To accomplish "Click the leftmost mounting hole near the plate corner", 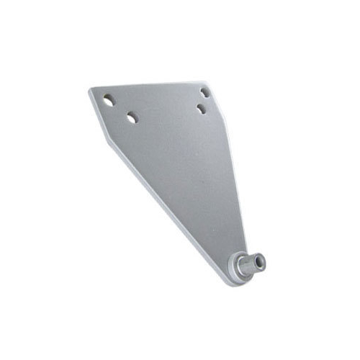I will click(x=108, y=101).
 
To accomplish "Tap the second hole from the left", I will click(x=132, y=117).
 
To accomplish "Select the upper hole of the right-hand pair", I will click(x=205, y=93).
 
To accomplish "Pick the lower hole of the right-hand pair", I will click(x=201, y=109).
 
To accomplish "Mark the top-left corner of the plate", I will click(x=91, y=90).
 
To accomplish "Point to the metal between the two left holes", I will click(x=120, y=109).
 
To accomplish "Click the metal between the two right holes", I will click(x=203, y=101).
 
